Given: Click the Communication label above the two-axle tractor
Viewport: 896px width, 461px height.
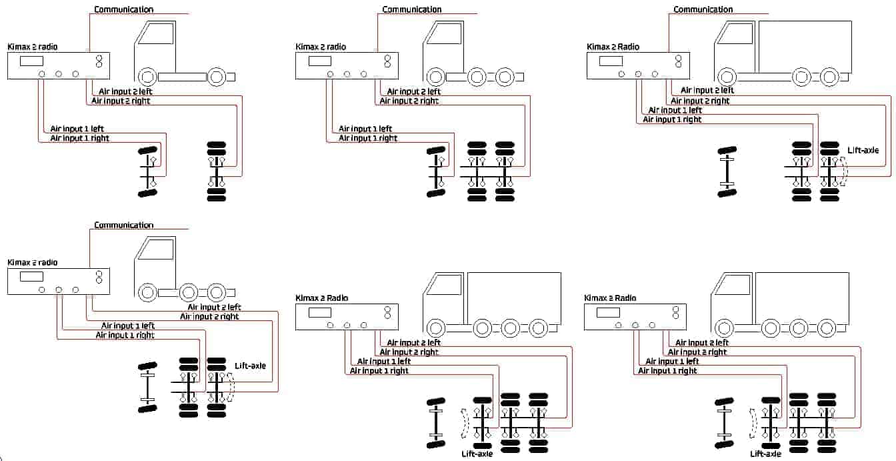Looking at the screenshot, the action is [x=123, y=9].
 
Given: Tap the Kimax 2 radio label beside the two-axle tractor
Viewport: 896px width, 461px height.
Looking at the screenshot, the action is [x=33, y=47].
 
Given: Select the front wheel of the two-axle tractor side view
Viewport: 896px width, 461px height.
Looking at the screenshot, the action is [x=147, y=77].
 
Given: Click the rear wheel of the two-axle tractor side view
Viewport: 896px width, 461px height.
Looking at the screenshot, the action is [x=217, y=77].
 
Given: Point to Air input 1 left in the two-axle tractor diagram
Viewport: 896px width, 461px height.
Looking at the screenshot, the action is [x=77, y=129].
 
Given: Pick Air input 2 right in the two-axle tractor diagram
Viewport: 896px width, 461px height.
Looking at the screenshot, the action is [x=121, y=101].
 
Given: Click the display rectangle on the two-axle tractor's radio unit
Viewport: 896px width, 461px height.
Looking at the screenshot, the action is [x=31, y=61].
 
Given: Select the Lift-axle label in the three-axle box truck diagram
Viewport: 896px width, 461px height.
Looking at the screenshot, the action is [x=863, y=151].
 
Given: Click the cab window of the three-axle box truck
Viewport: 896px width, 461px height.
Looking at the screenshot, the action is [x=735, y=33].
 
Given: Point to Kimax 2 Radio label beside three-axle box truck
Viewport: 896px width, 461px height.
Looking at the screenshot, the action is [x=613, y=47].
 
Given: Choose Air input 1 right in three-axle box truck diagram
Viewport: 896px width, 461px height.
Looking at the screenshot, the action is [x=672, y=119].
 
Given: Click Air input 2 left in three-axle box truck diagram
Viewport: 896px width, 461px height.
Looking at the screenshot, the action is [x=707, y=90].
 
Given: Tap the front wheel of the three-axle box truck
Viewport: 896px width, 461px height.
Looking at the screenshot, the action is [x=727, y=77].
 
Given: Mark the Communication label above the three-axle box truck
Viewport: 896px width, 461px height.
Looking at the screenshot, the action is [x=703, y=9].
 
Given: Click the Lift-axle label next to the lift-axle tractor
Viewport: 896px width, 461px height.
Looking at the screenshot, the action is [x=250, y=366].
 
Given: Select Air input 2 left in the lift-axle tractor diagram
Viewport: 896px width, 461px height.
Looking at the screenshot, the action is [x=214, y=307].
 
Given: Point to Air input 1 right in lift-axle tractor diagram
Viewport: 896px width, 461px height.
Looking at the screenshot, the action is [x=125, y=335].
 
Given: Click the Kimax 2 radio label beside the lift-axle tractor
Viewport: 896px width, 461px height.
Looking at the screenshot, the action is [x=33, y=262].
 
